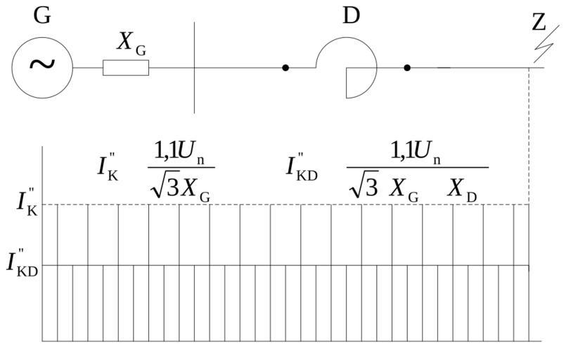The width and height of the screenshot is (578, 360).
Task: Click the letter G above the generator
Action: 42,15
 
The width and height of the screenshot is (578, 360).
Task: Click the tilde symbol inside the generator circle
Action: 42,65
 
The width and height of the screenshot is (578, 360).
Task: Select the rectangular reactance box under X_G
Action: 126,67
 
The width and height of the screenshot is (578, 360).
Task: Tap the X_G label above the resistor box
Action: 131,43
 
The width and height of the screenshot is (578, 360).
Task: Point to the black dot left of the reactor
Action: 285,67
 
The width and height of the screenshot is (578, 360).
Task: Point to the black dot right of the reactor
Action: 407,67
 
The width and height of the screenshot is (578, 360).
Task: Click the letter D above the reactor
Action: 351,15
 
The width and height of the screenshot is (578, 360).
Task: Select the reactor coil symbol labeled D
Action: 347,67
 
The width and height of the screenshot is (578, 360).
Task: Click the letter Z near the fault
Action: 539,23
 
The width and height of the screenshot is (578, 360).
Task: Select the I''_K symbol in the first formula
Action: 108,166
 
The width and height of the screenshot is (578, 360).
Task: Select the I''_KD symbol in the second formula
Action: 302,166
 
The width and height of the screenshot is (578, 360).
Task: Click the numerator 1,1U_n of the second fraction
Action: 416,151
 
